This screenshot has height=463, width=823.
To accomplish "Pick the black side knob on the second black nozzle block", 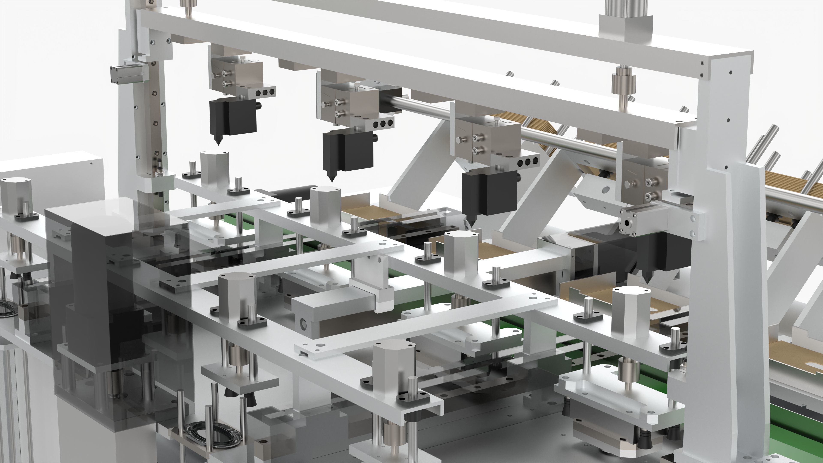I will [x=376, y=138].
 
